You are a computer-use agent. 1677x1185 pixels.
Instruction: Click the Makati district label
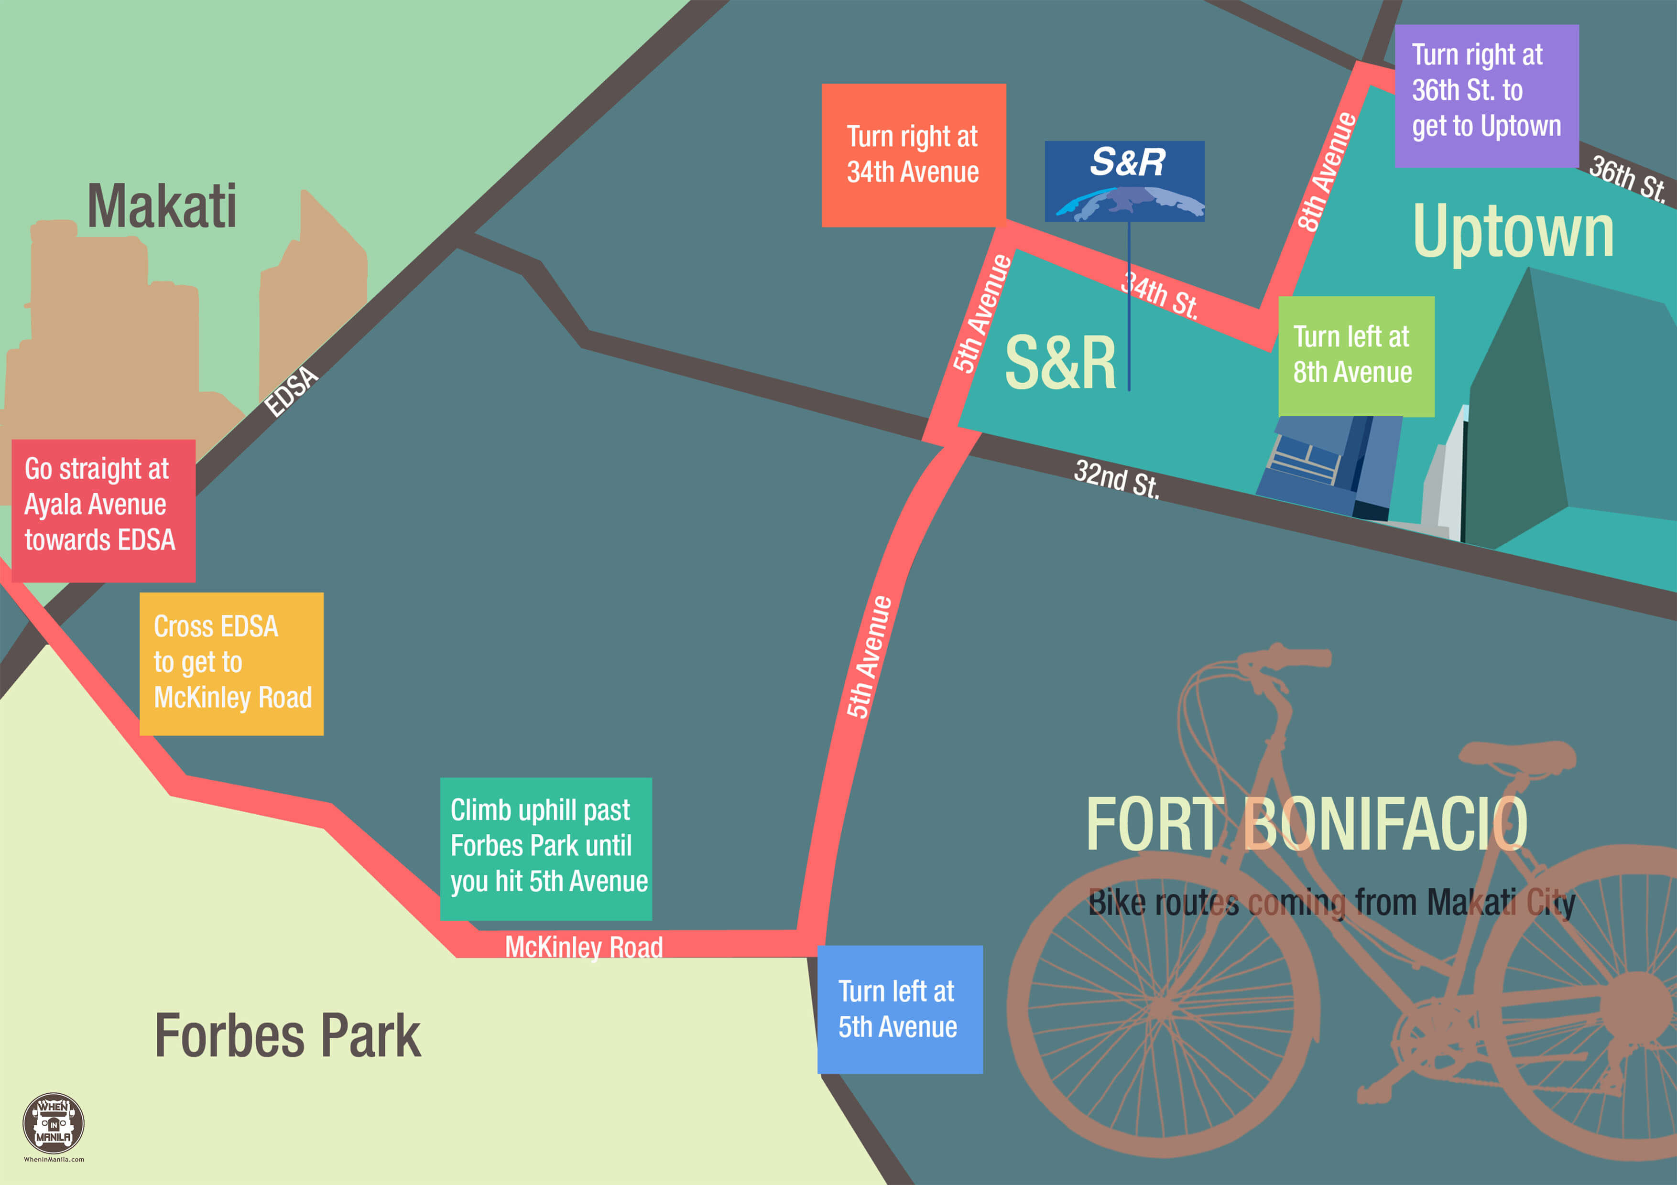[x=162, y=206]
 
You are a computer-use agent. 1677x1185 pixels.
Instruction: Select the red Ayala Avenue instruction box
[x=103, y=510]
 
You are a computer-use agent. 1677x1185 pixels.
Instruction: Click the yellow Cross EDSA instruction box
[x=231, y=663]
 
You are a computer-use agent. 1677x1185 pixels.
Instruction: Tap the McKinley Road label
[x=584, y=947]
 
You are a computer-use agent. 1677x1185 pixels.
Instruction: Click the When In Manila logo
[x=54, y=1124]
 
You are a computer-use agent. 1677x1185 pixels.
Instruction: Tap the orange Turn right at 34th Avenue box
[x=913, y=155]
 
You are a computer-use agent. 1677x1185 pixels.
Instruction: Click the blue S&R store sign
[x=1124, y=180]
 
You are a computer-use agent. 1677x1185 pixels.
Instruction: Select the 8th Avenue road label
[x=1327, y=172]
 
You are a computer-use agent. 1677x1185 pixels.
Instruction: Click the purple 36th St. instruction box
[x=1486, y=95]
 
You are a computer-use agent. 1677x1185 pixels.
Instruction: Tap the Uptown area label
[x=1513, y=231]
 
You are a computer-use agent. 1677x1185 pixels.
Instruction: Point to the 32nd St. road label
[x=1116, y=479]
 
